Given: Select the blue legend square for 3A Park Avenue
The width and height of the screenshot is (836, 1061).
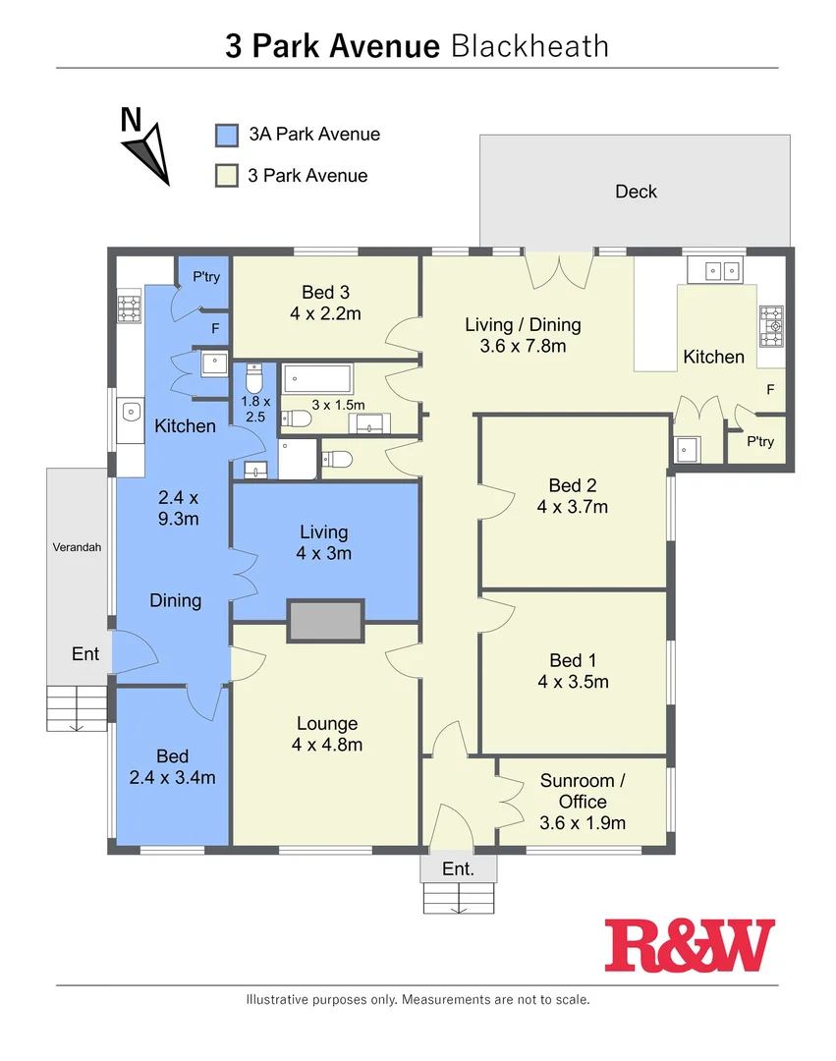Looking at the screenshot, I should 227,135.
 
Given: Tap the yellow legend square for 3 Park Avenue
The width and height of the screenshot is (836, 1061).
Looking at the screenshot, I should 227,176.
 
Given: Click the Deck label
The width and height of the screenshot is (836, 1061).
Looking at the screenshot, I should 636,192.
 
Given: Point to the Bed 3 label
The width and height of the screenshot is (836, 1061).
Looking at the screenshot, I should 325,292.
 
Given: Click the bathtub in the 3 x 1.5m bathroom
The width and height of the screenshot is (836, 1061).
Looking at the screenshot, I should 317,379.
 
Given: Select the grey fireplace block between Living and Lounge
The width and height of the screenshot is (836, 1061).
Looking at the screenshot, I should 325,621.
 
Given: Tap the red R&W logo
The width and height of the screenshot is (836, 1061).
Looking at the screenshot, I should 689,945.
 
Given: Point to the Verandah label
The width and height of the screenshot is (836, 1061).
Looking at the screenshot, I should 78,548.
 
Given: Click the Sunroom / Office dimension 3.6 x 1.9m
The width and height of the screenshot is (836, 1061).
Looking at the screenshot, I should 583,823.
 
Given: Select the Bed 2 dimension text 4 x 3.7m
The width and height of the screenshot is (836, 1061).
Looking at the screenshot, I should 573,507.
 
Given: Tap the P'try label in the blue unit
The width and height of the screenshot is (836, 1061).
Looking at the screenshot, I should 206,278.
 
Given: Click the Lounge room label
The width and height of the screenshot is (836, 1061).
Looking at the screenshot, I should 327,724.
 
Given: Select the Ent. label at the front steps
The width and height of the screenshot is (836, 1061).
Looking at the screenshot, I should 458,869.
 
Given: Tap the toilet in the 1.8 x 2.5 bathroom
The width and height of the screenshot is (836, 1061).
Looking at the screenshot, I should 254,377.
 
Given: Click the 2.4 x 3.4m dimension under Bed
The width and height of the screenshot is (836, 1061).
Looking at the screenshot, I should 172,778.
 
